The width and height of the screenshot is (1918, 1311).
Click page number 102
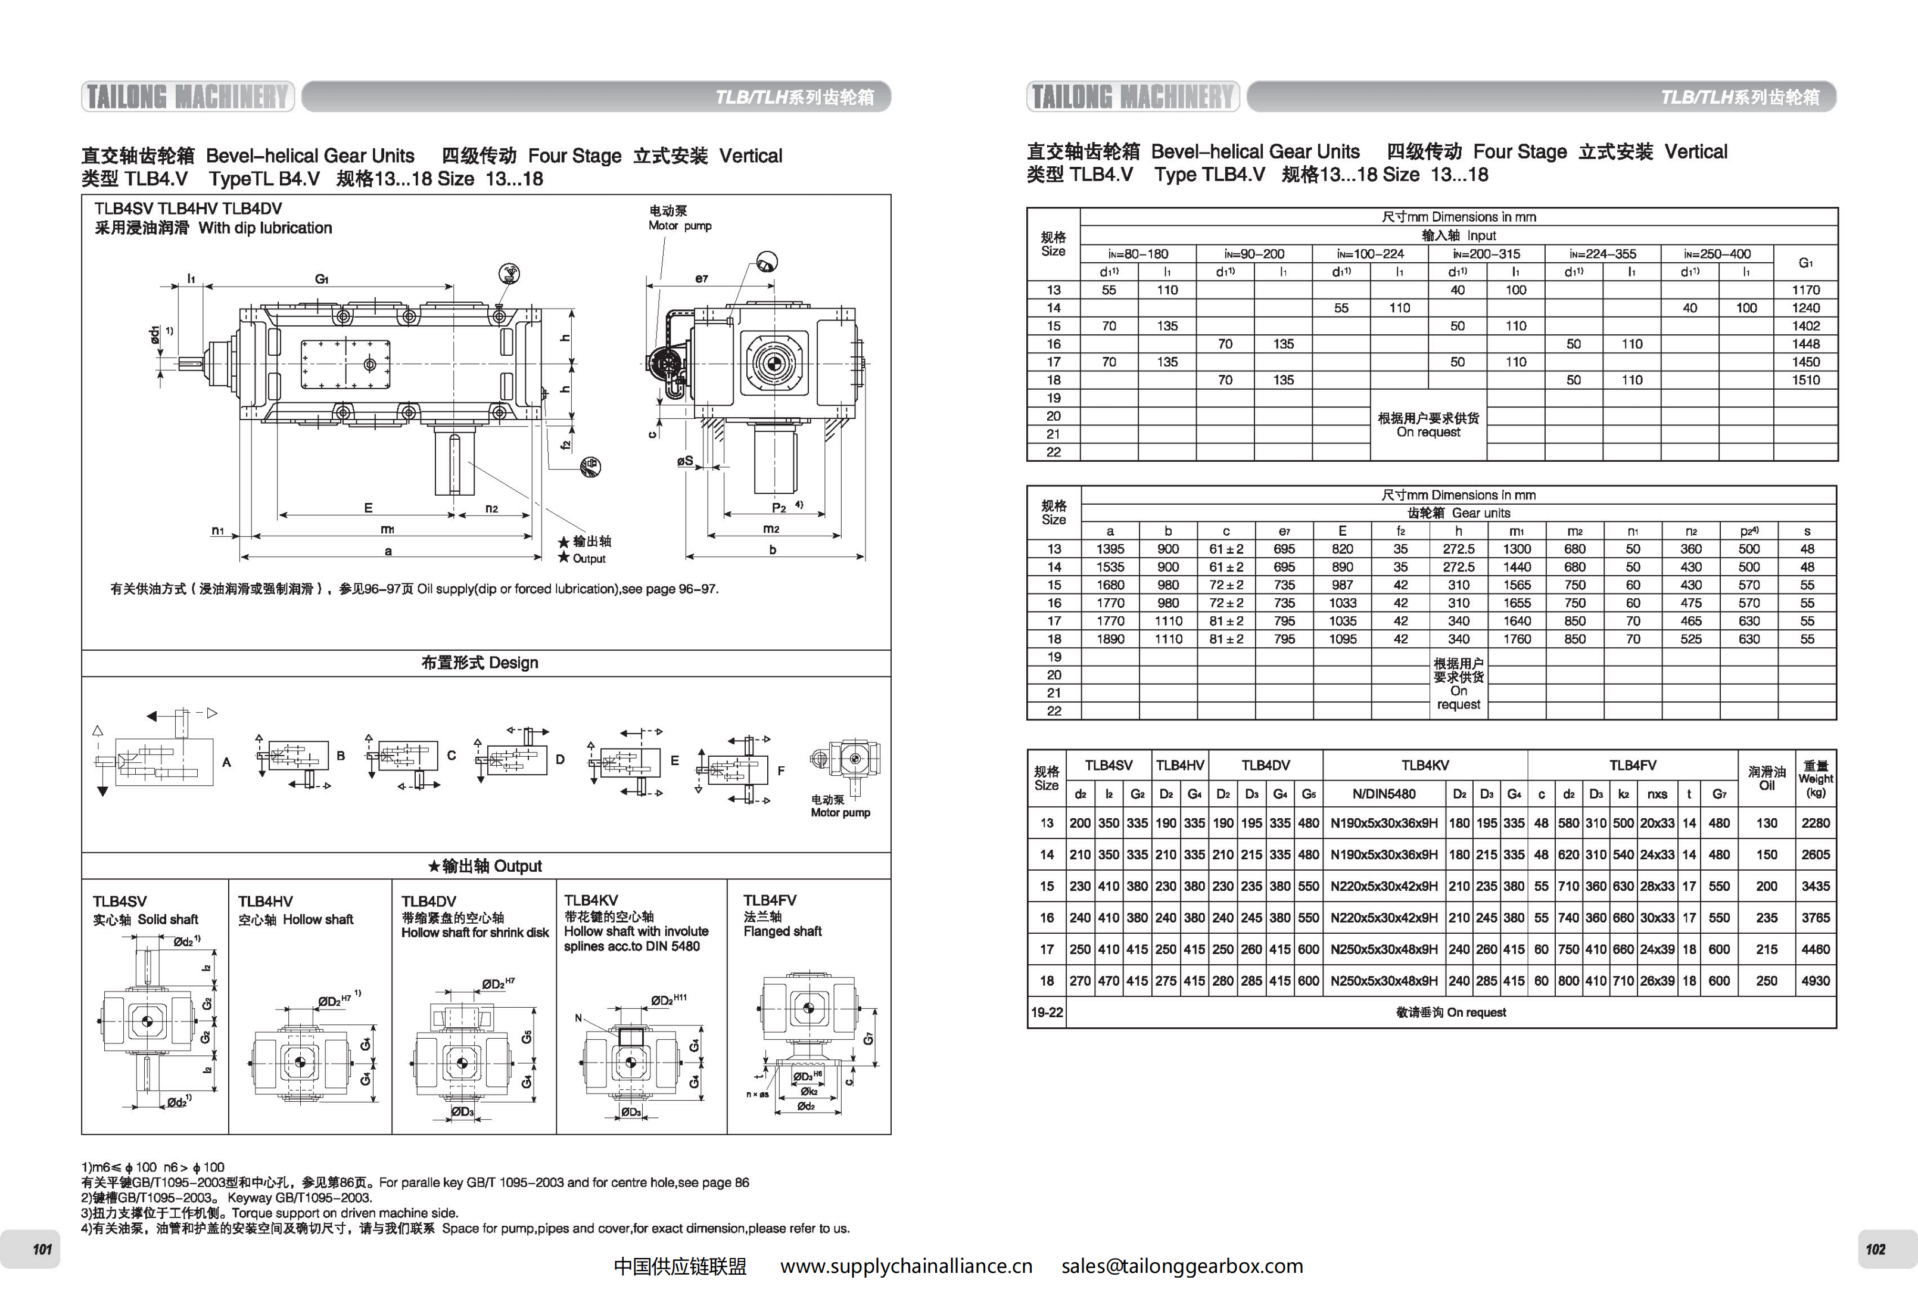(x=1875, y=1249)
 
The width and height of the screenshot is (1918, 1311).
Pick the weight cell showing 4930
(x=1815, y=981)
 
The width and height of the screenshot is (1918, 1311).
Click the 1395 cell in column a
(x=1110, y=549)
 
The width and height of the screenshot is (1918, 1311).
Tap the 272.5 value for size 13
(x=1458, y=549)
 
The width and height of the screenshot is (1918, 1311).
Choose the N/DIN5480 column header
(x=1384, y=794)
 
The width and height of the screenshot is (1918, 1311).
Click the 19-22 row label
(x=1047, y=1012)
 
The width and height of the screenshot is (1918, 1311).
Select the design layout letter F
(x=781, y=771)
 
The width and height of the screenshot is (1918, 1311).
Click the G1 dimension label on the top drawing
(x=322, y=279)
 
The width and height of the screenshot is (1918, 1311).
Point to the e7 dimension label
(x=702, y=278)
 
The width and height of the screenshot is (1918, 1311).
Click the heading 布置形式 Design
(x=479, y=663)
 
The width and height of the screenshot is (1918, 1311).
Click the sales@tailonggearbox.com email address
(x=1182, y=1266)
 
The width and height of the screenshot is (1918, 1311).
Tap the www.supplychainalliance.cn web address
(x=906, y=1266)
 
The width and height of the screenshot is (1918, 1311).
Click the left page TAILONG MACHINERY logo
(x=188, y=97)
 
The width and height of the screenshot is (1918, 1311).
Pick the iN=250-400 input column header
(x=1717, y=254)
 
